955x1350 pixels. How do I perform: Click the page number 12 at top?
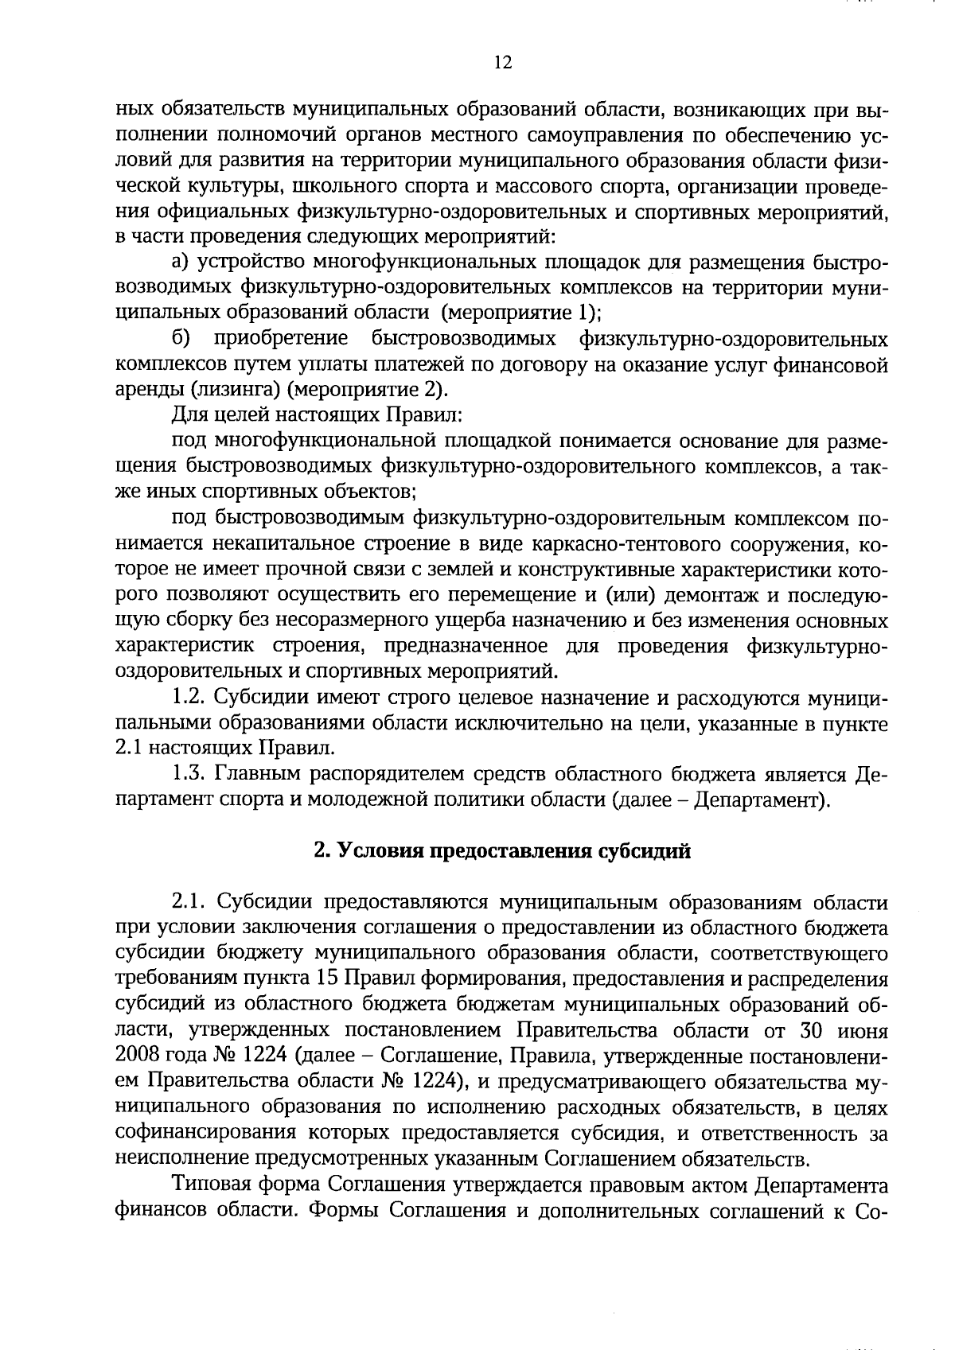[x=502, y=63]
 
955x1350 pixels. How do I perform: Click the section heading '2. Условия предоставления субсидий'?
[x=502, y=851]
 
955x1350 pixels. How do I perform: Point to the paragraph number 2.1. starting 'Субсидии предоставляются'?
[x=191, y=903]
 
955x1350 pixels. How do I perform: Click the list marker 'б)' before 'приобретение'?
[x=181, y=339]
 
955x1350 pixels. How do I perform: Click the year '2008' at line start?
[x=137, y=1057]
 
